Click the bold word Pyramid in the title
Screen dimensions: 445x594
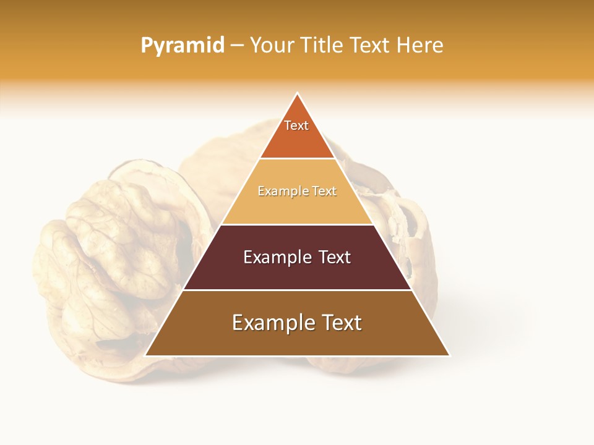[x=183, y=46]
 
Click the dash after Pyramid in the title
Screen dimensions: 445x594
[x=237, y=46]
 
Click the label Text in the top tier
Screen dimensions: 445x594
[x=296, y=125]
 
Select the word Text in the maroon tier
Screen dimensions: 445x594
[x=335, y=257]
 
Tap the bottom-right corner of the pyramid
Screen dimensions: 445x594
[x=449, y=355]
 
